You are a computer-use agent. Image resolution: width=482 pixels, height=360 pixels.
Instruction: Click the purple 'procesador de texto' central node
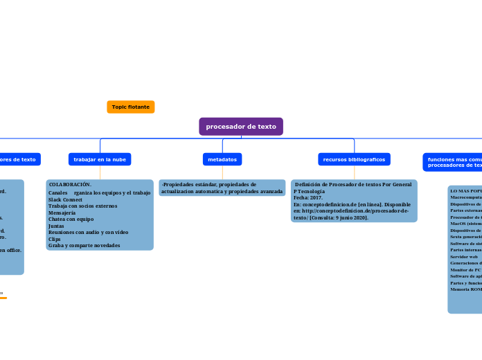[x=241, y=127]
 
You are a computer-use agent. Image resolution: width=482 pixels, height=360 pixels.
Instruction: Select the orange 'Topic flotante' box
[x=130, y=107]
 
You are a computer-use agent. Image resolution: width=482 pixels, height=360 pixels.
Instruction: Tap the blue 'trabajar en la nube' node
[x=100, y=159]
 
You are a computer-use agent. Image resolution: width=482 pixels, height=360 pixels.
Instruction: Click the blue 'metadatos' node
[x=222, y=159]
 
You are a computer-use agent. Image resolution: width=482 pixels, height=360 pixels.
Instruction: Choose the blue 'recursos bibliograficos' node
[x=354, y=159]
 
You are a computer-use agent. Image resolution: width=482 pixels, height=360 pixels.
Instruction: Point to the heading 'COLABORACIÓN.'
[x=70, y=185]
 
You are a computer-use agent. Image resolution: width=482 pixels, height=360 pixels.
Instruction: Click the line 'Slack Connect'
[x=65, y=199]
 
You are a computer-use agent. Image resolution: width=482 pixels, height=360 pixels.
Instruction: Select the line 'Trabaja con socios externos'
[x=82, y=206]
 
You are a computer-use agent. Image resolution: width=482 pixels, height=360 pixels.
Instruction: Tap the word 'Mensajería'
[x=62, y=213]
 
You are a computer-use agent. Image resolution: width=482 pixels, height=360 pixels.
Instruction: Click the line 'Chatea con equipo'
[x=71, y=219]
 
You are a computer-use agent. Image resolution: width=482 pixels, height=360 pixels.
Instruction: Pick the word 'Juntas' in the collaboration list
[x=56, y=226]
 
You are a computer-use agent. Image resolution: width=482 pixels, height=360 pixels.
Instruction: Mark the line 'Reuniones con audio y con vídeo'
[x=88, y=232]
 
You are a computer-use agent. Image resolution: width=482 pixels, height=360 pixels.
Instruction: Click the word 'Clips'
[x=55, y=239]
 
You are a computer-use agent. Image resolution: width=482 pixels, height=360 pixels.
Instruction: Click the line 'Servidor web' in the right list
[x=463, y=256]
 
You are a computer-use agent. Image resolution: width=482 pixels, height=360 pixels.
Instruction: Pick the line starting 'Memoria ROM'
[x=465, y=289]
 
